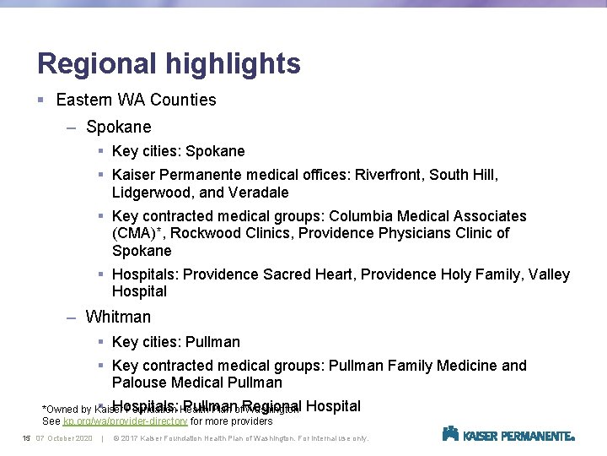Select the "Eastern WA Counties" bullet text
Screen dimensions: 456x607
136,100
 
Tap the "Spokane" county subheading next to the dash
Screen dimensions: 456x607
119,128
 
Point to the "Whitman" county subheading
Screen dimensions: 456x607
119,318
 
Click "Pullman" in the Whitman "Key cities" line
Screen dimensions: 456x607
212,342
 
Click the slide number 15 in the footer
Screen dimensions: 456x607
26,438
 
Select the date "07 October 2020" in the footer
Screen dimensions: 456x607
64,438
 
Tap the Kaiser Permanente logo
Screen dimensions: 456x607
508,435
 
